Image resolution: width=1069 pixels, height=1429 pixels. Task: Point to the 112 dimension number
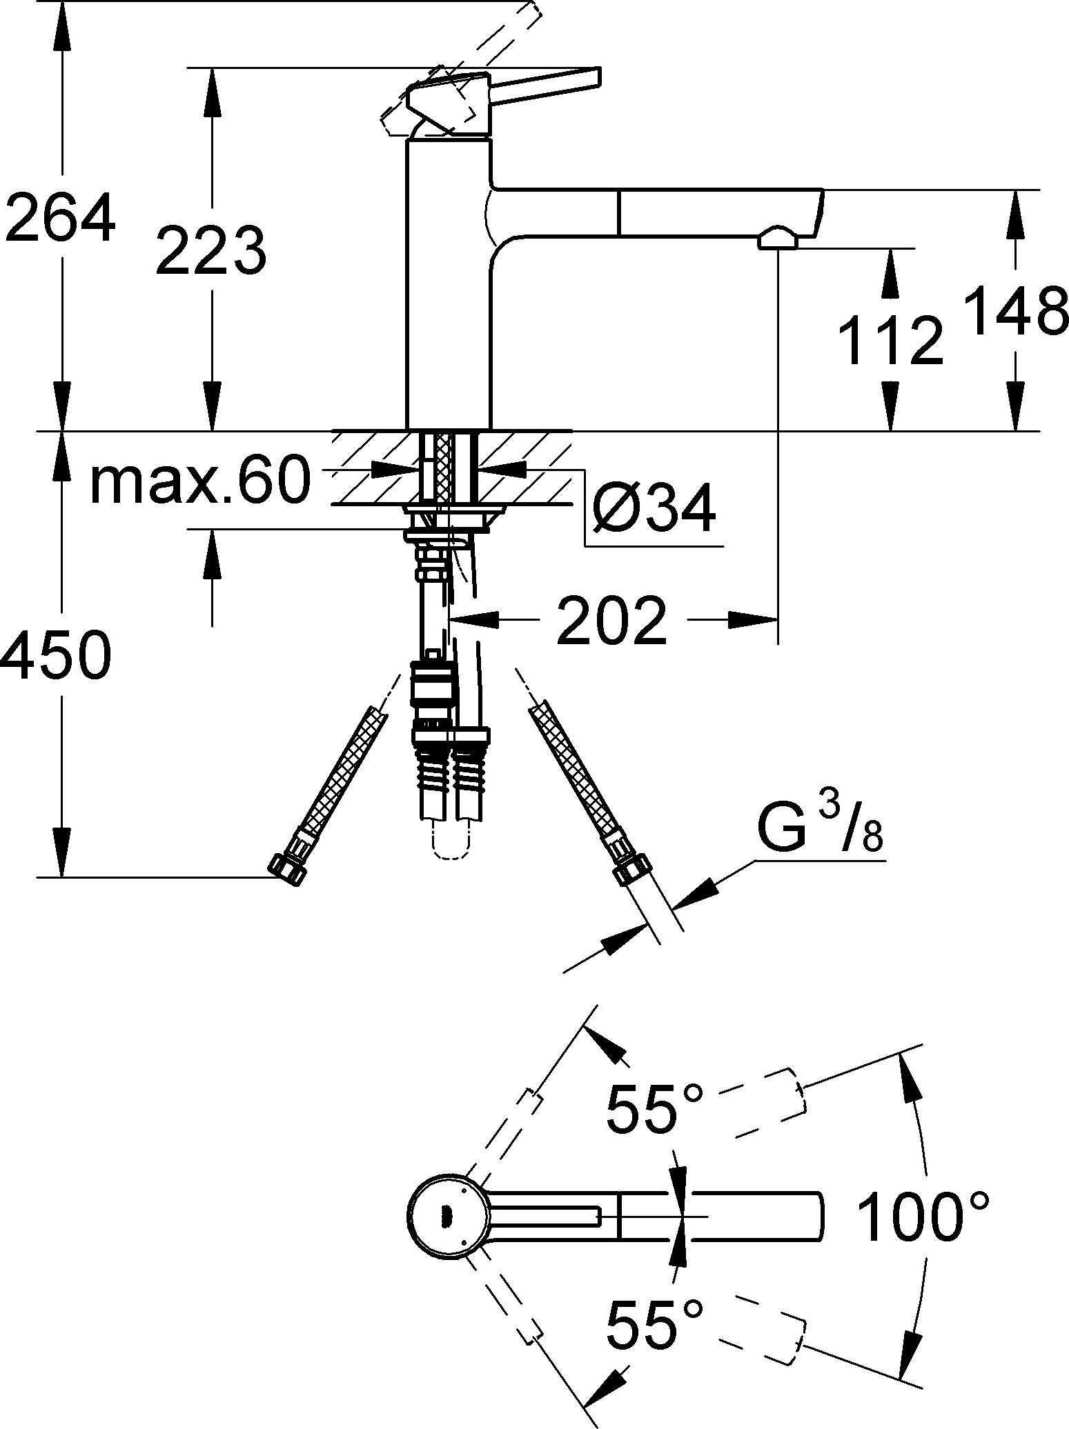click(x=890, y=340)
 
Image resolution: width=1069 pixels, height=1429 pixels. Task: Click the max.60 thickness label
click(x=199, y=481)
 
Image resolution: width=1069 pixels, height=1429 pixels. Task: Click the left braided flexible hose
click(x=342, y=772)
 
